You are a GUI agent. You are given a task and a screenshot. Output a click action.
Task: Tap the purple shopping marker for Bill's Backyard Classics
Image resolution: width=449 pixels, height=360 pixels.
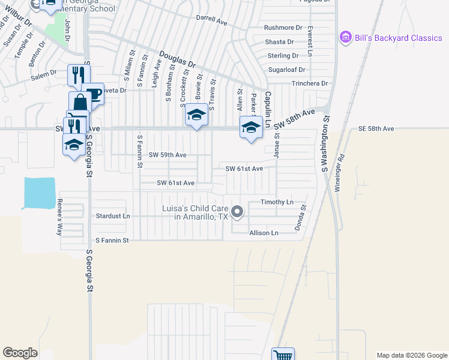(345, 37)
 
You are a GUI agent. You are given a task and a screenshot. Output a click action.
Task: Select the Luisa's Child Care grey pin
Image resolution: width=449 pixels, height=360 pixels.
(237, 211)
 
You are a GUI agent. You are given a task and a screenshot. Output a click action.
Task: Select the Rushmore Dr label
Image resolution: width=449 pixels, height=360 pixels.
(283, 28)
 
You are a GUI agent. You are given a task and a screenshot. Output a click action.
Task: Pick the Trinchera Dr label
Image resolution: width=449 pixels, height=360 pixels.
(310, 83)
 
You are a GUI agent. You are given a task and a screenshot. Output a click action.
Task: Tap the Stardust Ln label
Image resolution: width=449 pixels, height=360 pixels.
(113, 215)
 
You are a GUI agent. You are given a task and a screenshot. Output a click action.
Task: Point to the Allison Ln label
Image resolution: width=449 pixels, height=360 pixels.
(264, 232)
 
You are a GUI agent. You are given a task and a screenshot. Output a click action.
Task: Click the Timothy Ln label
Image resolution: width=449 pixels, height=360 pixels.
(277, 202)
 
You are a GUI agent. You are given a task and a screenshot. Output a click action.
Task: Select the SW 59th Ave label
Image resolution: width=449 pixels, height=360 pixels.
(167, 155)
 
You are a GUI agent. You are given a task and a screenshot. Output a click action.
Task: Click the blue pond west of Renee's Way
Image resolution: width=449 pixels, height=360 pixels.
(38, 193)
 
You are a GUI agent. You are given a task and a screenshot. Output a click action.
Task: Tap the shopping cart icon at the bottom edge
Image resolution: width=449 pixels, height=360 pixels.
(283, 355)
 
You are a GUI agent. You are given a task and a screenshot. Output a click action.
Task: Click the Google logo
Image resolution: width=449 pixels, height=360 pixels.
(20, 353)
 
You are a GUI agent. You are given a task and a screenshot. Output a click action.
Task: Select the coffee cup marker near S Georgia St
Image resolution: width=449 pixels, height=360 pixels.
(93, 93)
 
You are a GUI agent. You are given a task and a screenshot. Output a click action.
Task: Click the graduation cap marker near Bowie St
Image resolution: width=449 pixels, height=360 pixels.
(196, 113)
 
